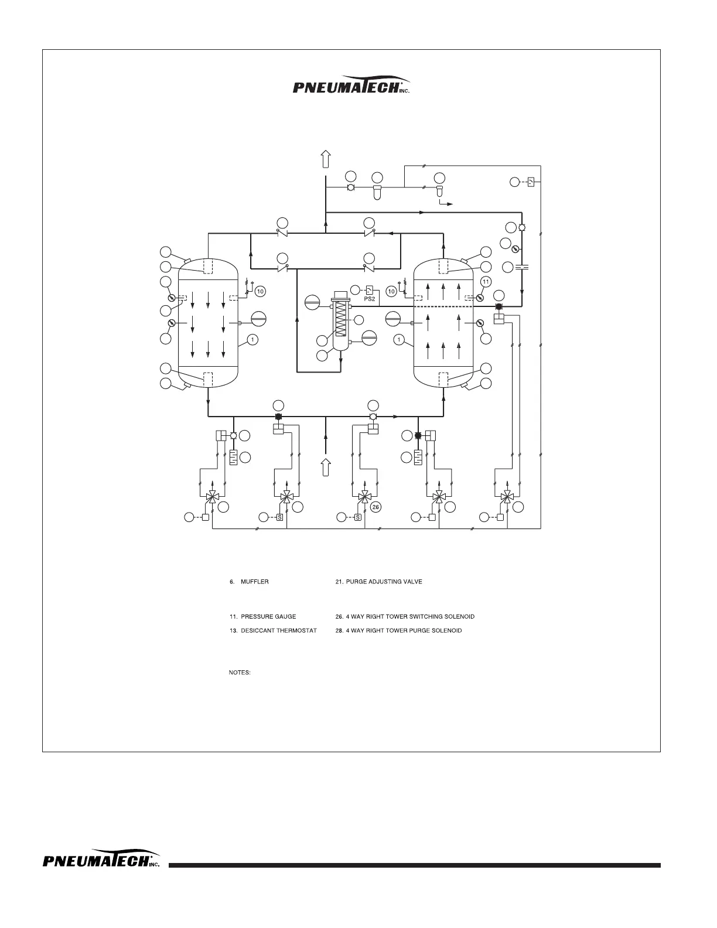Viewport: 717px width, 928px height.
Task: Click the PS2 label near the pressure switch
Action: tap(369, 299)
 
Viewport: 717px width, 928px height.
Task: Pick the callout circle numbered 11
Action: tap(486, 282)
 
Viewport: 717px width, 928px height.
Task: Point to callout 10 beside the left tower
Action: tap(261, 291)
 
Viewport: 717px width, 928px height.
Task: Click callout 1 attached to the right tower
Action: tap(399, 339)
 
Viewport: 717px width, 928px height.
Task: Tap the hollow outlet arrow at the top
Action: tap(326, 159)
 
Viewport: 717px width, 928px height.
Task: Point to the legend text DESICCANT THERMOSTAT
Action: tap(279, 630)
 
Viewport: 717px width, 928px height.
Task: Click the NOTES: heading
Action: tap(240, 673)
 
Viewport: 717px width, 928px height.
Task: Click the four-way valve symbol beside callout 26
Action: tap(364, 497)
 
